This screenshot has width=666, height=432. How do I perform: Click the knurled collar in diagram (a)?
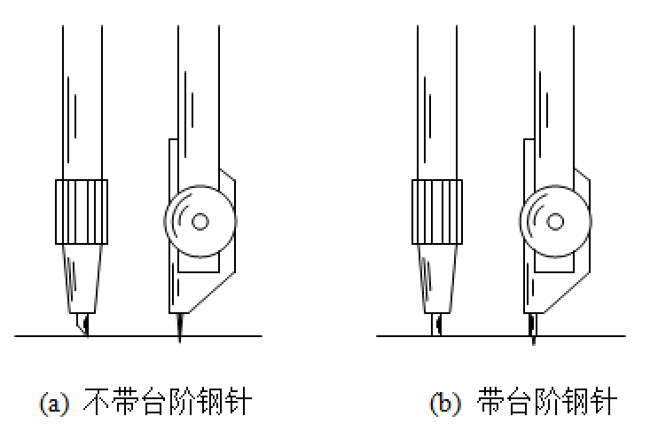point(81,211)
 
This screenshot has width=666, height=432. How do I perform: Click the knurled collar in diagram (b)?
point(437,211)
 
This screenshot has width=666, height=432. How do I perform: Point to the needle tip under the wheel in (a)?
point(180,328)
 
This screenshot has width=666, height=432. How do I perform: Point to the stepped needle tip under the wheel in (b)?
point(533,326)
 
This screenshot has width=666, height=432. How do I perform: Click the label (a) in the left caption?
point(53,404)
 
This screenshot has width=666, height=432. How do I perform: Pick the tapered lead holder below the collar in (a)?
point(82,275)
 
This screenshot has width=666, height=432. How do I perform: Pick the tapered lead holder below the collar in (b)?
point(437,275)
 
